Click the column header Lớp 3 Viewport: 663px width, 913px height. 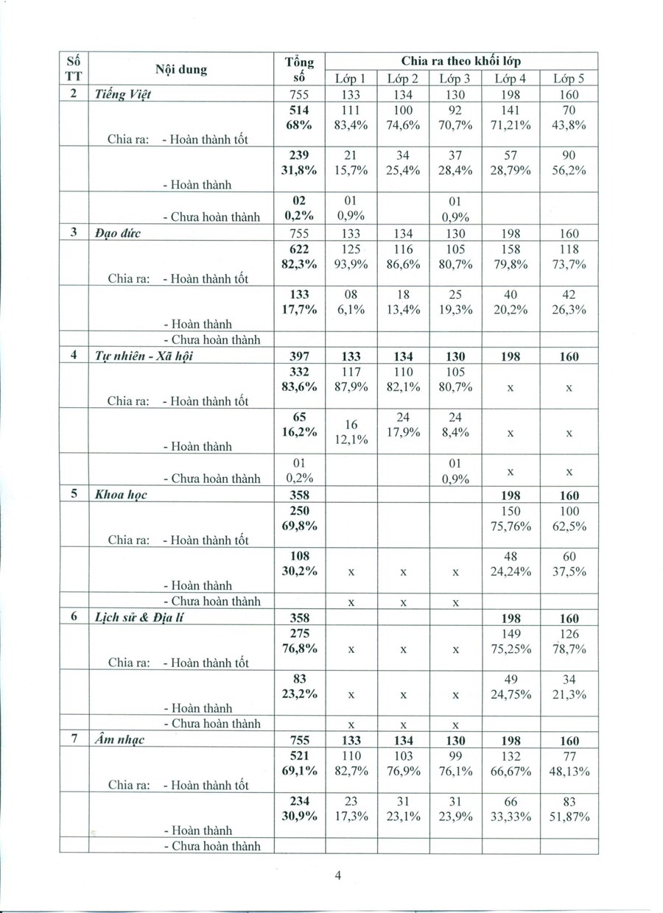point(455,78)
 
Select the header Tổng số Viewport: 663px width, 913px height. point(298,69)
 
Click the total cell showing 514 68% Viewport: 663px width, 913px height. point(299,117)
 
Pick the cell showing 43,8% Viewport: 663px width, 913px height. point(569,124)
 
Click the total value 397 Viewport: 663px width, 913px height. point(299,356)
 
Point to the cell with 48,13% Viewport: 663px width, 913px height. point(569,771)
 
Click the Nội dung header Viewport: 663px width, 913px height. point(181,70)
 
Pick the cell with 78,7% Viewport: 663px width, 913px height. point(569,649)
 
